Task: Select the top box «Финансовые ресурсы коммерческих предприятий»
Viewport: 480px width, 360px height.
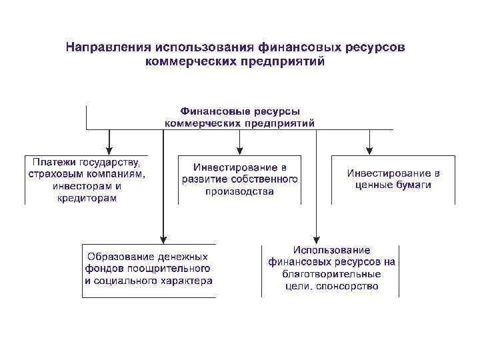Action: pyautogui.click(x=240, y=117)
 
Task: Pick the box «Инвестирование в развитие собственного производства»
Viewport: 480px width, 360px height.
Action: pyautogui.click(x=240, y=179)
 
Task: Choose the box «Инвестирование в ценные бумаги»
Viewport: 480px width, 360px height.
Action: pyautogui.click(x=393, y=179)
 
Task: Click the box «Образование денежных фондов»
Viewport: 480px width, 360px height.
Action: pyautogui.click(x=148, y=269)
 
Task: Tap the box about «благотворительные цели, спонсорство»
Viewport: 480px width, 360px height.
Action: pyautogui.click(x=331, y=269)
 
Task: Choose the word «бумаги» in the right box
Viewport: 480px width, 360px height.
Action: pyautogui.click(x=415, y=185)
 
